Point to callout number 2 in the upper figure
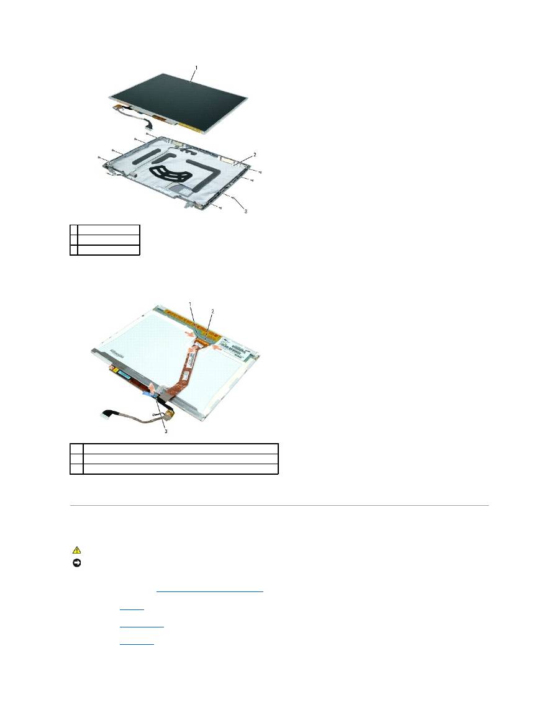[253, 153]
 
